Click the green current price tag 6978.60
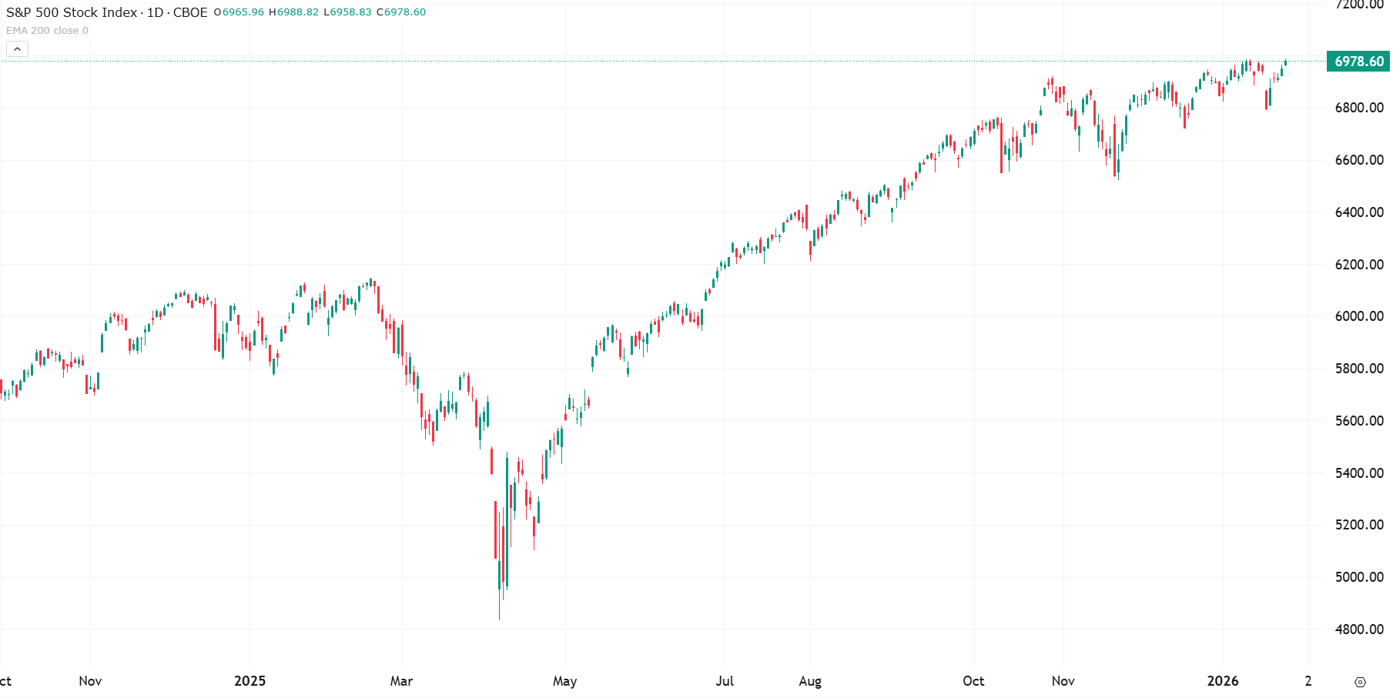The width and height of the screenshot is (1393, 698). coord(1358,62)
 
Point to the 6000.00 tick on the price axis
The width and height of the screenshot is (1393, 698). coord(1359,316)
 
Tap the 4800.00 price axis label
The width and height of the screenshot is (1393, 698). coord(1359,630)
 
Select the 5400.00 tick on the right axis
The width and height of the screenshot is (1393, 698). coord(1359,473)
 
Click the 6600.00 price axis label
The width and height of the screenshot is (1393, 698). coord(1359,160)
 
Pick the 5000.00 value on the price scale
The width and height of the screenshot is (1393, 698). coord(1359,577)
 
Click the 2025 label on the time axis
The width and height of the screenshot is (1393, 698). coord(249,681)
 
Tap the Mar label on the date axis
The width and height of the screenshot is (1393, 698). coord(401,681)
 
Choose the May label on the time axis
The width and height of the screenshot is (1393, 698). coord(564,681)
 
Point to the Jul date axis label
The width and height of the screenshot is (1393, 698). coord(725,681)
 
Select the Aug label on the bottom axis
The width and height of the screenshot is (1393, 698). coord(810,681)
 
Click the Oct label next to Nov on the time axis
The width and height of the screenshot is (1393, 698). coord(973,681)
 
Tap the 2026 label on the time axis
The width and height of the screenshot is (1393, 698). coord(1223,681)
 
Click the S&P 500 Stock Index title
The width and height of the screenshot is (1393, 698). coord(72,12)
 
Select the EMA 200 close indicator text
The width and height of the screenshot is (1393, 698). coord(47,31)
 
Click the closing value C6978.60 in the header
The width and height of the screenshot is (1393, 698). coord(401,12)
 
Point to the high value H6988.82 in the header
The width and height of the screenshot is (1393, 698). coord(293,12)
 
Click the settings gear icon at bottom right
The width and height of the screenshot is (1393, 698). coord(1360,682)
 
